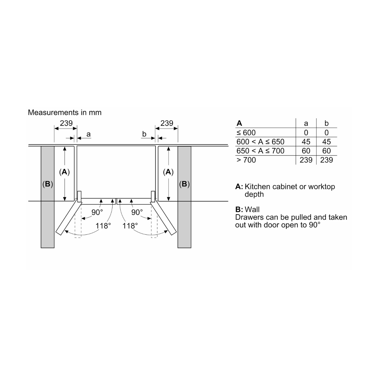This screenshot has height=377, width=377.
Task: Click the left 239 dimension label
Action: click(66, 123)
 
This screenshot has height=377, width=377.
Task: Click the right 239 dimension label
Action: click(167, 123)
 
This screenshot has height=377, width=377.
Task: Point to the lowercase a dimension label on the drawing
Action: click(89, 134)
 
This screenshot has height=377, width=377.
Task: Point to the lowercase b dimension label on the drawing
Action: click(144, 134)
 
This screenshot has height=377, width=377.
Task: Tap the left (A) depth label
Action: click(64, 172)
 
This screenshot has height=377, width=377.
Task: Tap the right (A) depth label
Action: click(168, 172)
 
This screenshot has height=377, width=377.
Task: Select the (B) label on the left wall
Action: click(47, 184)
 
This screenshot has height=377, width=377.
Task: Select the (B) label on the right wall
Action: click(184, 184)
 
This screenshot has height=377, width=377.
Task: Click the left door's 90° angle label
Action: click(97, 213)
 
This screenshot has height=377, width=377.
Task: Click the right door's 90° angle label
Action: click(137, 213)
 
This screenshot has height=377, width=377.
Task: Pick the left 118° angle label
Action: click(103, 226)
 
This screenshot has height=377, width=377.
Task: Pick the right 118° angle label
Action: click(130, 226)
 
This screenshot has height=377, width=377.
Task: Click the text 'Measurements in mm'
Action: click(65, 112)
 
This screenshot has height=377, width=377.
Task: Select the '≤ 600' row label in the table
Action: click(246, 133)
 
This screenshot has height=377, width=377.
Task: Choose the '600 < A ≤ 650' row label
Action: click(260, 142)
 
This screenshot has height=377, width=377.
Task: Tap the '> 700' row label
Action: click(246, 160)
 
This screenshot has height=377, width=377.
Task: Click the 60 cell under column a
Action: click(306, 151)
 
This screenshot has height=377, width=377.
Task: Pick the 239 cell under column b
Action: click(326, 160)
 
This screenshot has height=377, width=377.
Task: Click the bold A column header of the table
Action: click(239, 123)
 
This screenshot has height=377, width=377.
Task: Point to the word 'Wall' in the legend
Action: click(252, 210)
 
